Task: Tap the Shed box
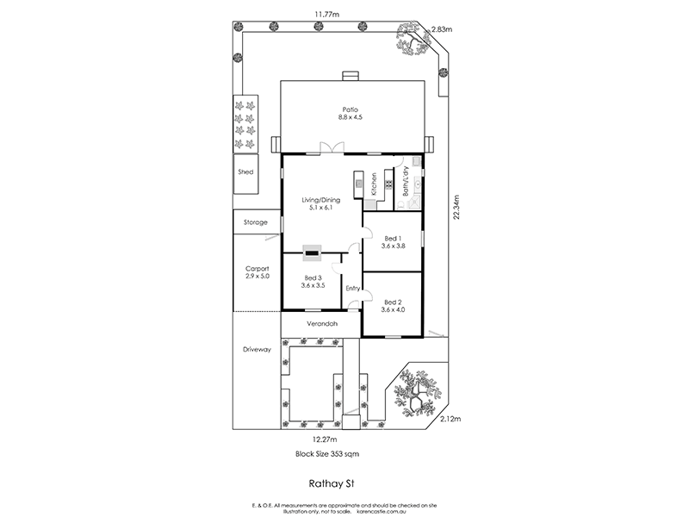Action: [245, 171]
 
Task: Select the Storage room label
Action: [255, 222]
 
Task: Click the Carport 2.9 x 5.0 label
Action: [258, 271]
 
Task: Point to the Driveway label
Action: [257, 350]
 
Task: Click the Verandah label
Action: [320, 324]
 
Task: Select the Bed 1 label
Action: [392, 241]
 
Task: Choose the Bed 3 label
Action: [313, 282]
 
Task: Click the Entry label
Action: [352, 288]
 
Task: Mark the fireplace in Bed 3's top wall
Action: [313, 254]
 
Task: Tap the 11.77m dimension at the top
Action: [325, 12]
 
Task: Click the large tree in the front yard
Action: [417, 393]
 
